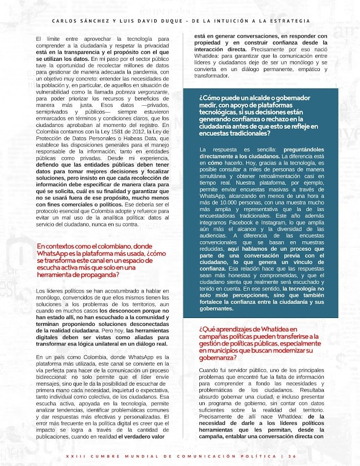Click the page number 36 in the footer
click(292, 456)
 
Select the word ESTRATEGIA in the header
click(289, 21)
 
